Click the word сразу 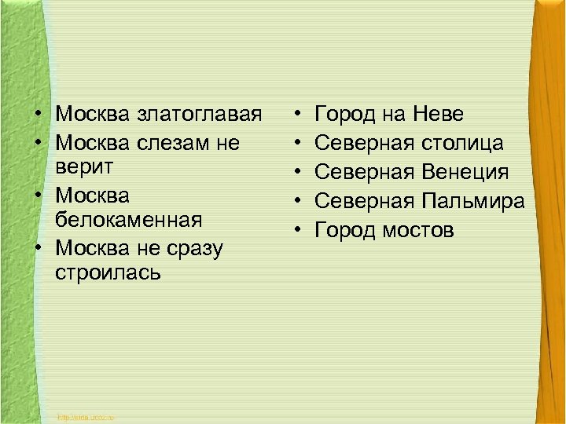click(194, 248)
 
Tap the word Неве click(436, 115)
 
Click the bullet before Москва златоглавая click(38, 115)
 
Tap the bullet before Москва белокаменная click(38, 192)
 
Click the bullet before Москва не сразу click(38, 248)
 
